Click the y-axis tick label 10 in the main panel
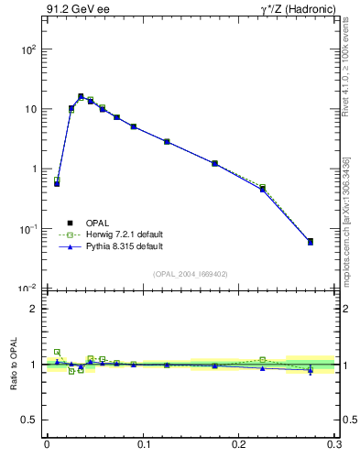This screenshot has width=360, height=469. tap(29, 109)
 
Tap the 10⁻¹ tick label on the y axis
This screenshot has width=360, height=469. tap(27, 229)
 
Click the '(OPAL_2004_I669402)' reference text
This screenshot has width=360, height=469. tap(191, 274)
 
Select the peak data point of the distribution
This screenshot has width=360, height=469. tap(81, 96)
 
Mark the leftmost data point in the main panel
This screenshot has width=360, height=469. tap(57, 183)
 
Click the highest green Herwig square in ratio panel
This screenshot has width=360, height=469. tap(57, 352)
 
